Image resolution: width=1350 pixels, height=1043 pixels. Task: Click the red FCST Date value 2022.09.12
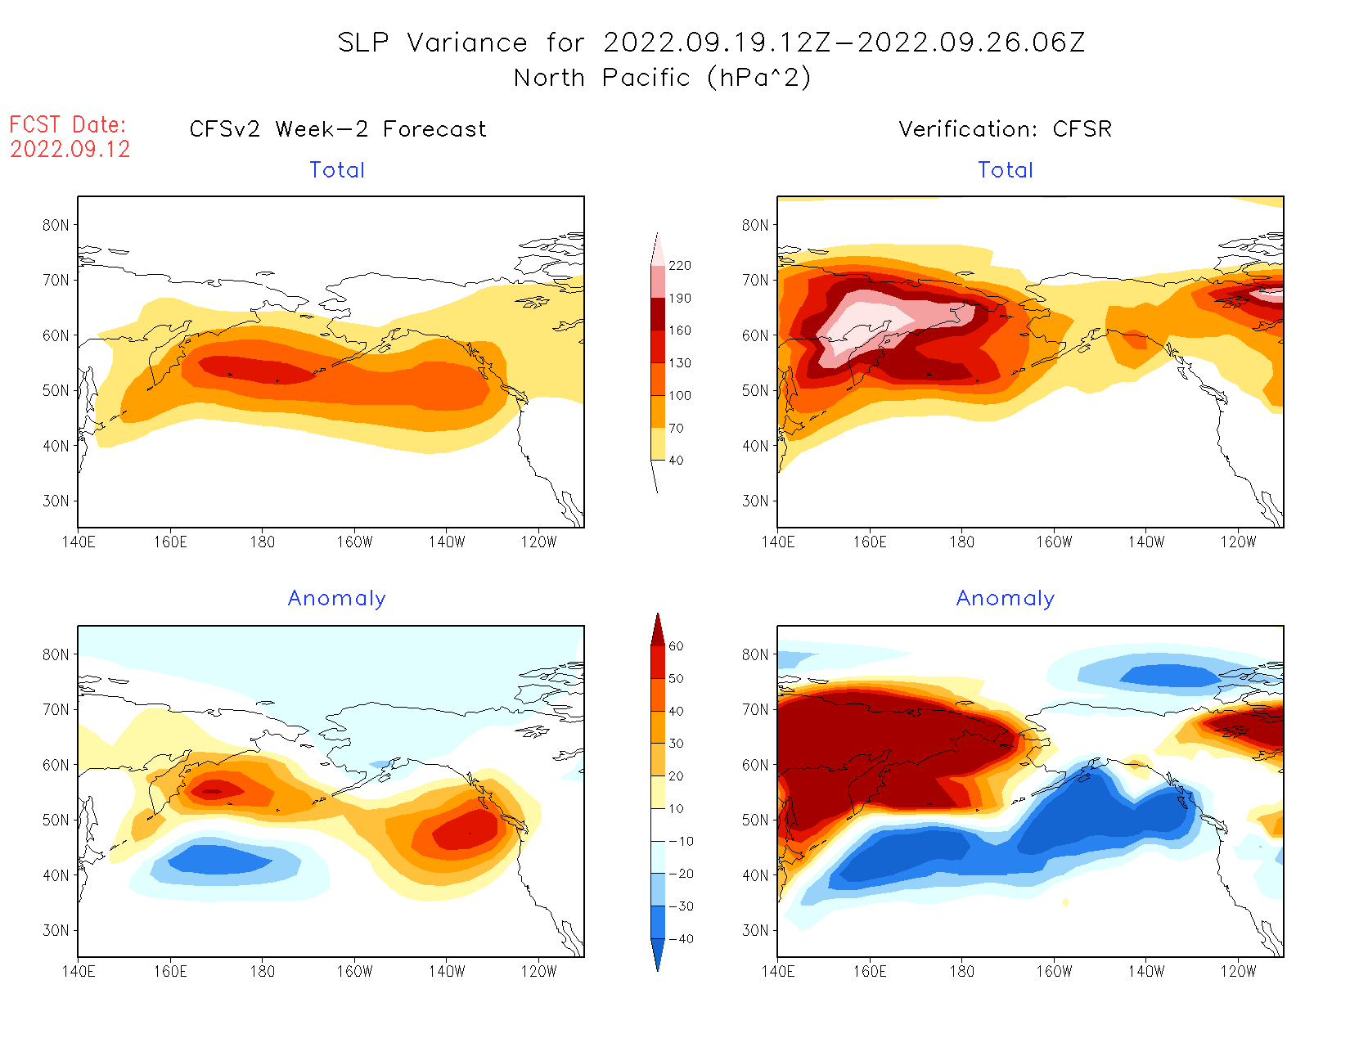(x=70, y=150)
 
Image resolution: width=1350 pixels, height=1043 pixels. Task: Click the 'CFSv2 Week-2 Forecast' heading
(x=338, y=129)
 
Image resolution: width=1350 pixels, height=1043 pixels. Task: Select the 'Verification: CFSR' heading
(x=1005, y=129)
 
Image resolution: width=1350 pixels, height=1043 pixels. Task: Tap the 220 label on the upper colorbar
(x=679, y=266)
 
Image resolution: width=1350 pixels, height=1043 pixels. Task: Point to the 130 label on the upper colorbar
(x=679, y=363)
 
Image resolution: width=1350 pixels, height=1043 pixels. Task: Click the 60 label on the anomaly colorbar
(x=676, y=646)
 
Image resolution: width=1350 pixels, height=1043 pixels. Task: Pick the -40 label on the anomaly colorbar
(x=681, y=939)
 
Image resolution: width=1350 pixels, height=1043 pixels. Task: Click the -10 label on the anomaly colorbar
(x=681, y=841)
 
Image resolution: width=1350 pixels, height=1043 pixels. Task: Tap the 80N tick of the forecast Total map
(x=56, y=225)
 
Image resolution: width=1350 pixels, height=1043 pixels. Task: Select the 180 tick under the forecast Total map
(x=262, y=542)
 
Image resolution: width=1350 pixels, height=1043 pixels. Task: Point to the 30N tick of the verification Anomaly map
(x=755, y=930)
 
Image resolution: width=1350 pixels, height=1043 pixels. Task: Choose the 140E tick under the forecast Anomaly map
(x=78, y=972)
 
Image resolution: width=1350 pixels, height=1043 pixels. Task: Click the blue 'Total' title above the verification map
(x=1006, y=170)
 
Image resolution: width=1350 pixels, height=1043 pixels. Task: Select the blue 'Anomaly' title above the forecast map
(x=336, y=599)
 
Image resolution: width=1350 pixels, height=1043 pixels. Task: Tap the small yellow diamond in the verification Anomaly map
(x=1065, y=902)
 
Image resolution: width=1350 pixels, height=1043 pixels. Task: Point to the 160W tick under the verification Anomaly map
(x=1054, y=972)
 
